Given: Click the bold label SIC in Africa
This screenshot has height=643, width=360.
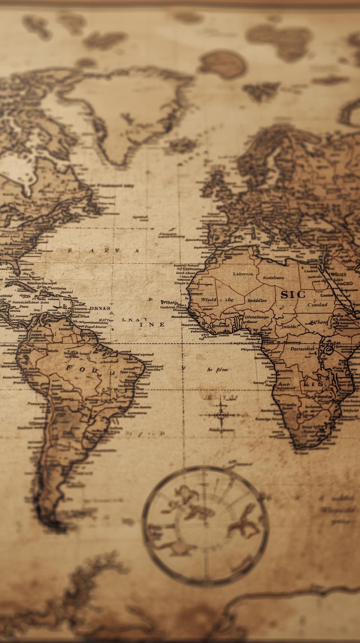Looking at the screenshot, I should (x=292, y=295).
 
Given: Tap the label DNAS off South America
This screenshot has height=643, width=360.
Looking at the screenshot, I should (x=99, y=308).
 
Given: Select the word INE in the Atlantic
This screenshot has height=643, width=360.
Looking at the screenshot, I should (x=154, y=324).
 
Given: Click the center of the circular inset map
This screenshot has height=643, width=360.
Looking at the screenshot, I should (x=205, y=524).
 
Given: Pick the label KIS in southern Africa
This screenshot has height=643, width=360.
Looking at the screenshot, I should (x=313, y=383).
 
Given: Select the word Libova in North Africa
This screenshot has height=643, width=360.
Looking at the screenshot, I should (x=243, y=274).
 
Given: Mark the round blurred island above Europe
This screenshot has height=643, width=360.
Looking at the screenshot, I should (x=223, y=64).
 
